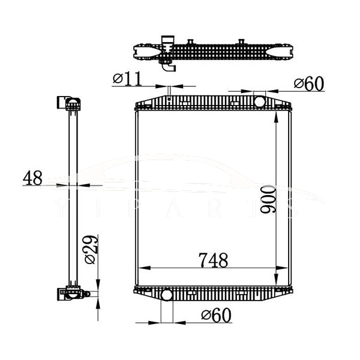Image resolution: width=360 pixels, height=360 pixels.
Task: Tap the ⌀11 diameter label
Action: tap(125, 78)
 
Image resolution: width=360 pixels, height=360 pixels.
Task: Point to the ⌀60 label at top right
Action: tap(309, 84)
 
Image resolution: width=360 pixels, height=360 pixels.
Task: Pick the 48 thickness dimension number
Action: tap(32, 178)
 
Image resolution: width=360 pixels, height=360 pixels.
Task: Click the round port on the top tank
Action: tap(260, 101)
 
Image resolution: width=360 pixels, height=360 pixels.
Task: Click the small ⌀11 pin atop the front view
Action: tap(170, 92)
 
